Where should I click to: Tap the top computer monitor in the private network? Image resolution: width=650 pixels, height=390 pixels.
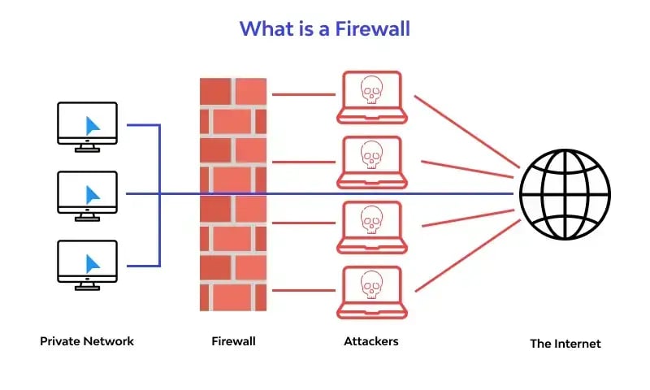[x=88, y=124]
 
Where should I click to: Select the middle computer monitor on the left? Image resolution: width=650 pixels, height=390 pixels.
[x=88, y=193]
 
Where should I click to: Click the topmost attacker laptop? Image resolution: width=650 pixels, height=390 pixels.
[x=370, y=94]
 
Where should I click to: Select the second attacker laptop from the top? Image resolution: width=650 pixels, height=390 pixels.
[x=370, y=159]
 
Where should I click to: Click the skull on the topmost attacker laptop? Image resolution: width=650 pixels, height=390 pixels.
[x=371, y=89]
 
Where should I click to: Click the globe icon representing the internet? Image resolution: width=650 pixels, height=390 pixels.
[x=565, y=194]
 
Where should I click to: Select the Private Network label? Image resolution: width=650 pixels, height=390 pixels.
[x=87, y=341]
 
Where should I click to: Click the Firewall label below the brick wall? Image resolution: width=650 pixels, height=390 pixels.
[x=233, y=341]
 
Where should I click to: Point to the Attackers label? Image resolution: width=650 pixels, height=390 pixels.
[x=371, y=341]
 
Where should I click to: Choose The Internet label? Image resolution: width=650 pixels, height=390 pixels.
[x=565, y=344]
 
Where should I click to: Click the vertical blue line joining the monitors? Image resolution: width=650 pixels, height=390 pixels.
[x=159, y=195]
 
